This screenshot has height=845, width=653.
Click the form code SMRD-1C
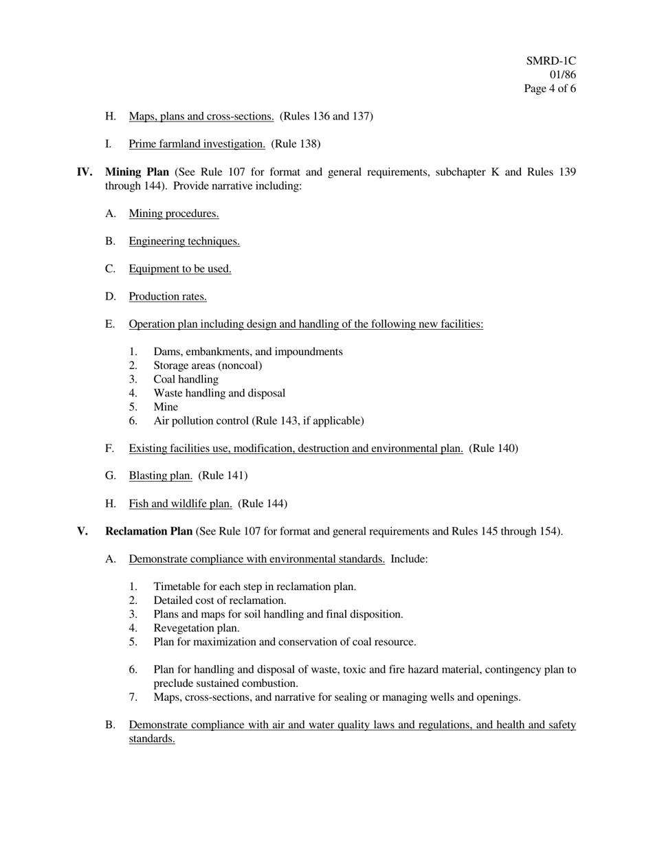pos(551,61)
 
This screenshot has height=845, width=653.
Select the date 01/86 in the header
pos(562,75)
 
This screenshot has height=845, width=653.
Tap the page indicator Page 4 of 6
pos(549,89)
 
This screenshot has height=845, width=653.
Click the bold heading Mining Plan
pos(137,172)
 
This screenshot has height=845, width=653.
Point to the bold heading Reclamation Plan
pos(148,531)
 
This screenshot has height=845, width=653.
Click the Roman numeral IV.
pos(84,172)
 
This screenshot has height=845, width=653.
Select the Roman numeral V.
pos(82,531)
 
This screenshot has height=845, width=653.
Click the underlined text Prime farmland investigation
pos(197,144)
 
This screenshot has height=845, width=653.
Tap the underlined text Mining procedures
pos(174,214)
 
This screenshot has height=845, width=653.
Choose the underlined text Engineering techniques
pos(184,241)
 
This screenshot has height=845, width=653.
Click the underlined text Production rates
pos(168,297)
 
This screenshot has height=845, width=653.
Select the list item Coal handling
pos(186,379)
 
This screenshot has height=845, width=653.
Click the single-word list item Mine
pos(166,407)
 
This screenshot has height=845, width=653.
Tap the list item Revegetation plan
pos(197,628)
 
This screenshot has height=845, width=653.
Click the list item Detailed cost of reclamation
pos(220,600)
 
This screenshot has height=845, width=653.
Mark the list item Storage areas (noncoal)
pos(208,365)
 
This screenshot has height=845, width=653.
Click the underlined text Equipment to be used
pos(180,269)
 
